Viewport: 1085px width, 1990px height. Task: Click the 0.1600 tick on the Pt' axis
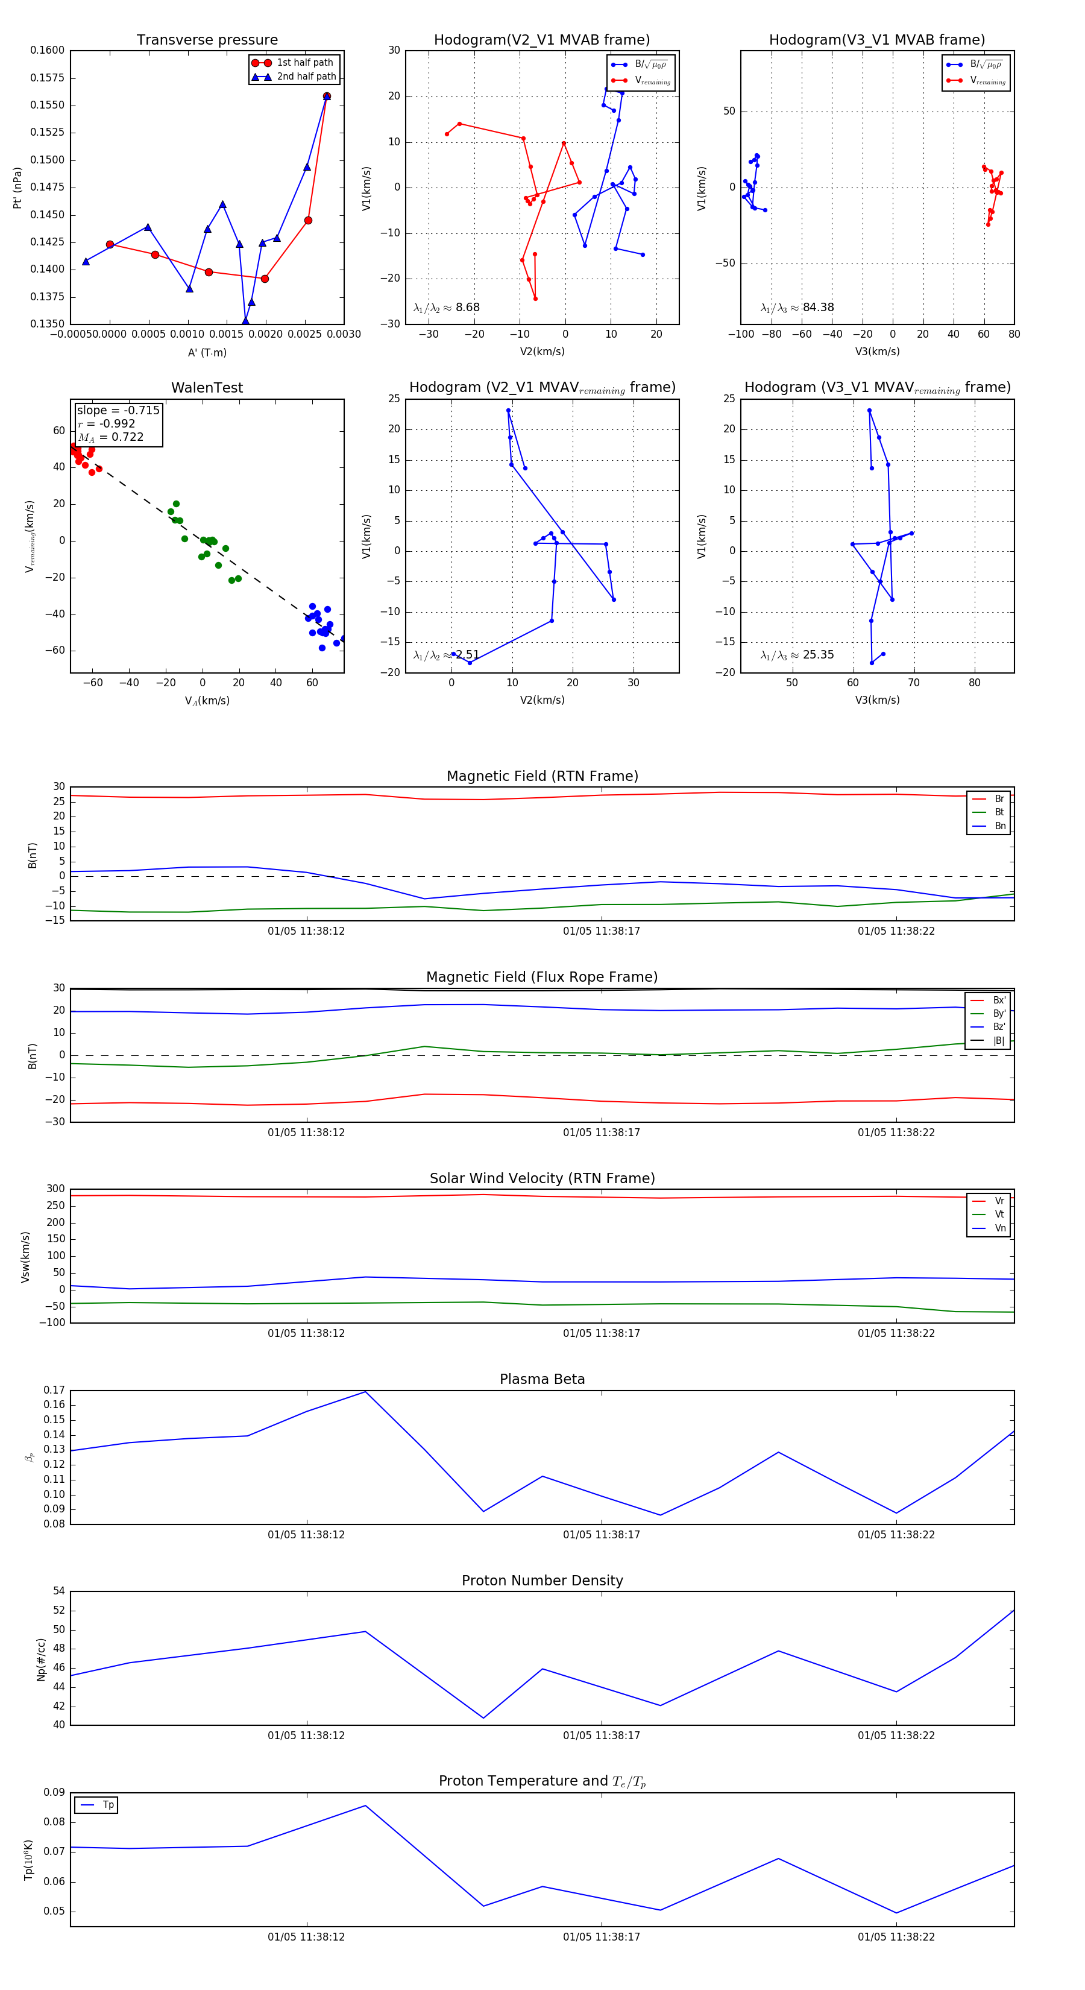coord(48,50)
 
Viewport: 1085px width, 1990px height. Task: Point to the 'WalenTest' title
coord(207,388)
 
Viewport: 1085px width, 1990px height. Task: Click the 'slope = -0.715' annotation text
coord(118,410)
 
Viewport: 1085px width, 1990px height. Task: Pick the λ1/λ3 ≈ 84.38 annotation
coord(797,308)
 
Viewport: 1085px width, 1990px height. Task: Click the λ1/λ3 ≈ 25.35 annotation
coord(797,655)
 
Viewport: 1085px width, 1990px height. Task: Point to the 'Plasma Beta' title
coord(542,1380)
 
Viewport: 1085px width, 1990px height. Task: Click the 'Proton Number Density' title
coord(542,1581)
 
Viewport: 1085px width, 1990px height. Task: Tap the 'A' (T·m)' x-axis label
coord(207,353)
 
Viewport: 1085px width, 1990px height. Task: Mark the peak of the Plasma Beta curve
coord(365,1391)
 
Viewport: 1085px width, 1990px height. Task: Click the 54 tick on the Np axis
coord(58,1591)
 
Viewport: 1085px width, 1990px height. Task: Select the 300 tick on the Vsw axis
coord(55,1189)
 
